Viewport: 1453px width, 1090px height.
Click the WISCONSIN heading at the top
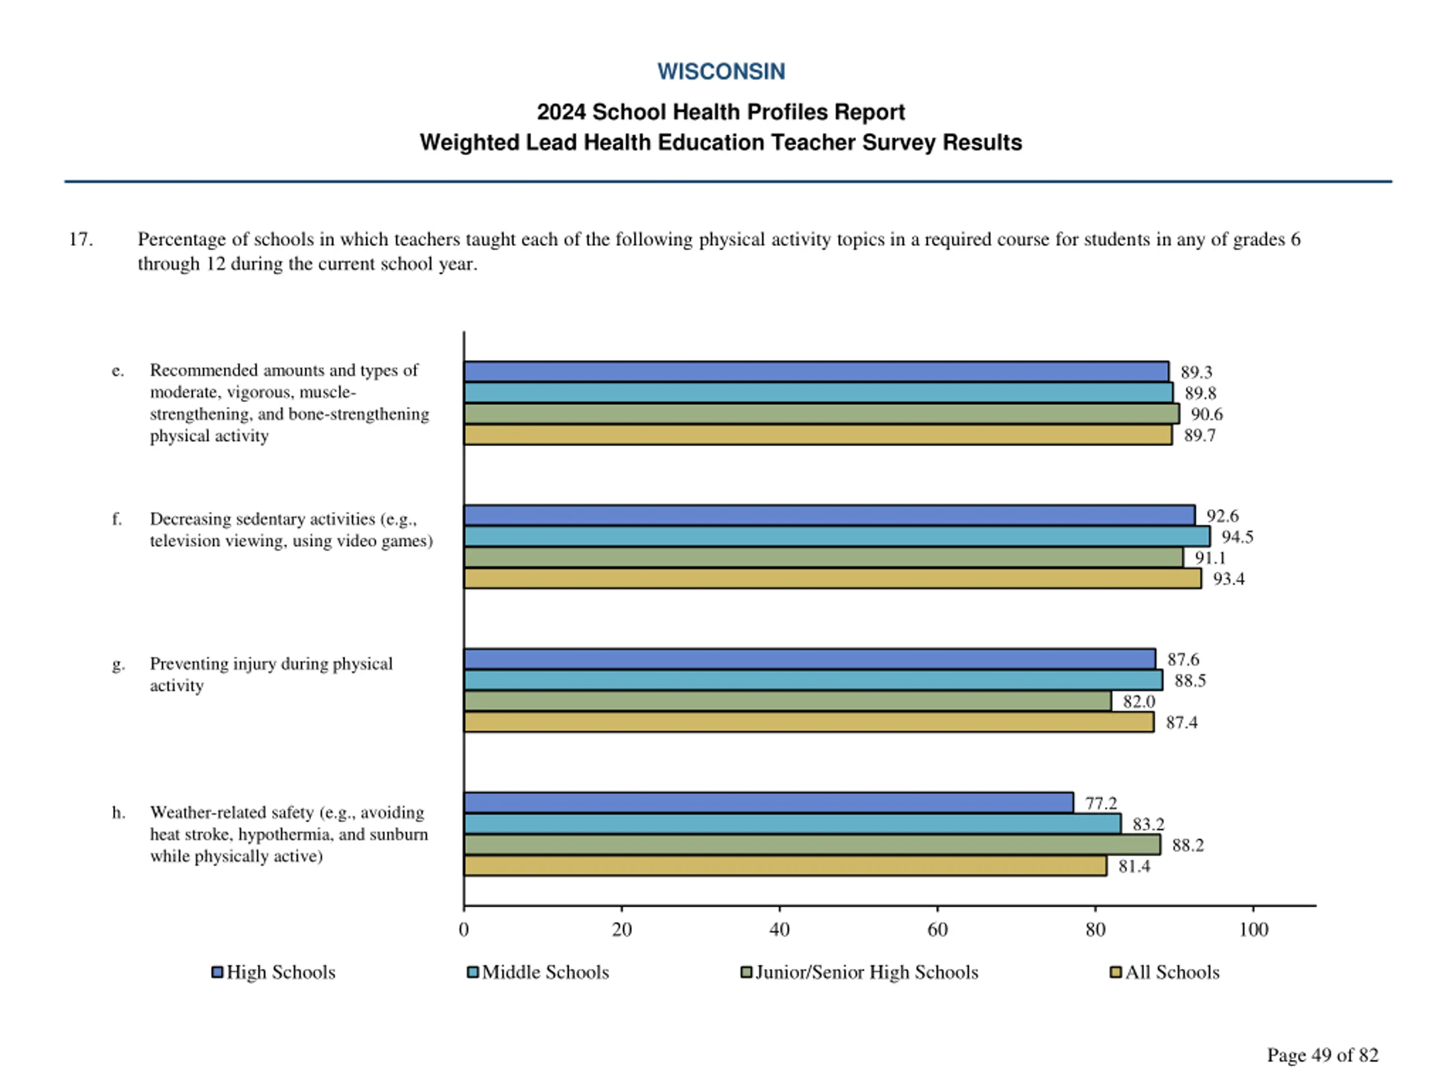(x=721, y=71)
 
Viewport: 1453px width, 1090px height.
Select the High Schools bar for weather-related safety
(x=768, y=802)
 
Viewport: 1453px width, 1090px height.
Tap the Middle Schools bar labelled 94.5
(x=836, y=536)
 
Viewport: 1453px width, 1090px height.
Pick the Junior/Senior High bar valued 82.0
(x=787, y=701)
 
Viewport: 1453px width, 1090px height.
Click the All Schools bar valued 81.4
(x=784, y=866)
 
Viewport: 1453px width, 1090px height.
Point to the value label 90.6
(x=1207, y=414)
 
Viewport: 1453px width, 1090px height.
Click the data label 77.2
(x=1101, y=803)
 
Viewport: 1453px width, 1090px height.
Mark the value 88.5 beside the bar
(x=1190, y=680)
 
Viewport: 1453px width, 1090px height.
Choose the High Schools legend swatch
(x=217, y=972)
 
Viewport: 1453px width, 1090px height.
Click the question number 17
(x=80, y=239)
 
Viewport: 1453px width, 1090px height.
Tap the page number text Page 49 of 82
(x=1322, y=1055)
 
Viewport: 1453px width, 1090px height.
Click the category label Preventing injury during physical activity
(x=271, y=674)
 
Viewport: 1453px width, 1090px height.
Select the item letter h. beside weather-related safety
(x=118, y=813)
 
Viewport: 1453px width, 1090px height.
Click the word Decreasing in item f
(x=190, y=519)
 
